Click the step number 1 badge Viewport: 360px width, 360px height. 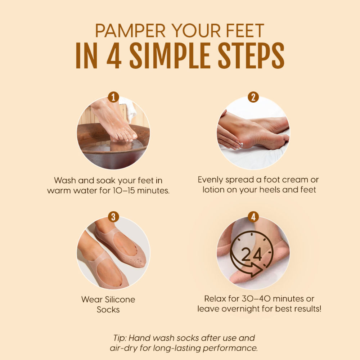[113, 97]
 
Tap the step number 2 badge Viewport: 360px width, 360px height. [253, 97]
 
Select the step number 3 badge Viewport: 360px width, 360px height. [113, 217]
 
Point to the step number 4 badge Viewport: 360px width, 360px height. [253, 217]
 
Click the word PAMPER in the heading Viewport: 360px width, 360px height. [130, 31]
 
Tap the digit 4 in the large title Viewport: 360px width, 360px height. [114, 55]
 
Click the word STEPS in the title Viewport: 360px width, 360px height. [251, 55]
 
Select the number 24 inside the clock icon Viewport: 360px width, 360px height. [251, 255]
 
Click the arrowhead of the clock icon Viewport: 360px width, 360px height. [257, 270]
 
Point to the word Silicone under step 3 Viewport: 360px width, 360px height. [120, 300]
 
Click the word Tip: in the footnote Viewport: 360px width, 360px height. [120, 338]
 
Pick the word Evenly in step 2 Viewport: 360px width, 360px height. [210, 180]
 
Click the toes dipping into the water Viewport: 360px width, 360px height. [124, 136]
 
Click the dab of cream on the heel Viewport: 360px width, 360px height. [240, 145]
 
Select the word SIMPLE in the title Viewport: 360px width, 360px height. [170, 55]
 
